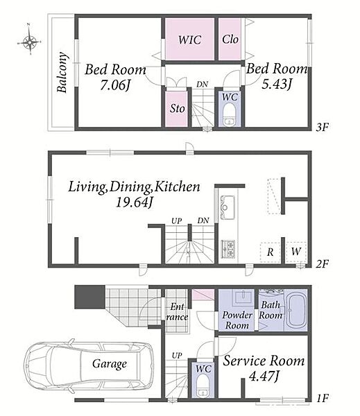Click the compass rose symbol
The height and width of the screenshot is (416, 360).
pos(29,42)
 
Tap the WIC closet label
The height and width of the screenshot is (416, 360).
pos(189,40)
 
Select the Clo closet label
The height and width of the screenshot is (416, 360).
pos(230,40)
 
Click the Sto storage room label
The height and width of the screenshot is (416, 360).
pos(177,108)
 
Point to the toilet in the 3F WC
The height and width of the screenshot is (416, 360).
pos(230,116)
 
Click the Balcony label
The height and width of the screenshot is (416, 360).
pos(62,72)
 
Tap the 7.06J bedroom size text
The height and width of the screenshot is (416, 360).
pos(115,85)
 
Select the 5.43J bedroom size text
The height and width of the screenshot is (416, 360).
pos(277,84)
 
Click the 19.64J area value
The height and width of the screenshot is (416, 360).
pos(134,202)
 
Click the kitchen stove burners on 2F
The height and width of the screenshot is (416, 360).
pos(228,249)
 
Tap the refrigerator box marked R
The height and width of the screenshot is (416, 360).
pos(270,252)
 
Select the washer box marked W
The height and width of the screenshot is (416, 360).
pos(296,251)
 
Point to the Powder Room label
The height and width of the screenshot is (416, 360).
pos(237,320)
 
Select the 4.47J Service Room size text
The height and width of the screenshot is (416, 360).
pos(264,376)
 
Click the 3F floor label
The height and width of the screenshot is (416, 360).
pos(323,128)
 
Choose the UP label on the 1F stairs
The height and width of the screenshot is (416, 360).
pos(177,355)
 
